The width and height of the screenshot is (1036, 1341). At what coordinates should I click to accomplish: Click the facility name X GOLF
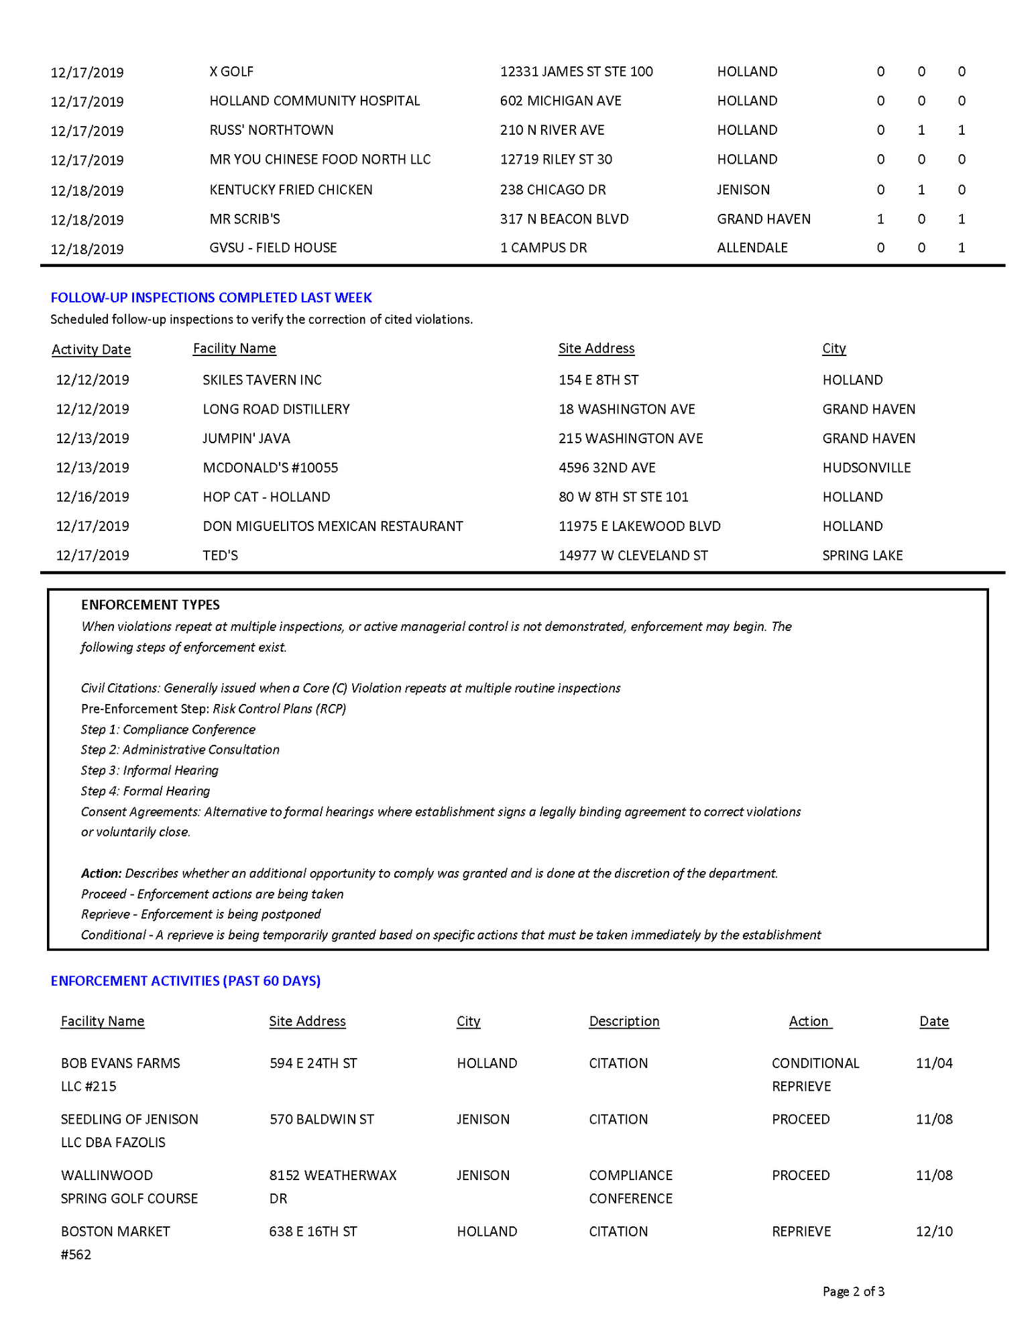coord(231,72)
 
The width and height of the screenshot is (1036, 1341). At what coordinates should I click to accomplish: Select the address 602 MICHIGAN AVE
coord(561,101)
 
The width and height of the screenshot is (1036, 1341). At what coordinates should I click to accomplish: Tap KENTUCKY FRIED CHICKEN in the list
coord(291,190)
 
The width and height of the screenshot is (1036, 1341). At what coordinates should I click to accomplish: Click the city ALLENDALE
coord(752,248)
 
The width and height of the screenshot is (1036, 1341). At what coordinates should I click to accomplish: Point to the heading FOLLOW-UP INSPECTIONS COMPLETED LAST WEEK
coord(211,298)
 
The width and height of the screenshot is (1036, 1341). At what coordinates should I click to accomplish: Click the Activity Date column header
coord(91,349)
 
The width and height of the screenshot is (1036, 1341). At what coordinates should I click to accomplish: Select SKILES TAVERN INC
coord(262,380)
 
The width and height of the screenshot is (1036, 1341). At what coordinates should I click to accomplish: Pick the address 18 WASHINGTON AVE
coord(627,409)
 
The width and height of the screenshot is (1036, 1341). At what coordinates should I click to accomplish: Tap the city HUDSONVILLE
coord(866,468)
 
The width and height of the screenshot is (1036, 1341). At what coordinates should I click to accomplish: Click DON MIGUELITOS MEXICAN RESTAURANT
coord(333,526)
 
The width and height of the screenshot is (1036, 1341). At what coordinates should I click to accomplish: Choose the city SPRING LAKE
coord(862,556)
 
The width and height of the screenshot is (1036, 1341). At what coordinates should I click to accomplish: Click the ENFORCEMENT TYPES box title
coord(150,605)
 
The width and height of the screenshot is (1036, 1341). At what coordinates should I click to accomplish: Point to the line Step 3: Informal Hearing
coord(150,770)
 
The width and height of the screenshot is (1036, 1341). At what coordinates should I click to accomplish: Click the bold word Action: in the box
coord(101,874)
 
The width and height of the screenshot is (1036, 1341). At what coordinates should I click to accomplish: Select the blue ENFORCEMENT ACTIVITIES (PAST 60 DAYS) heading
coord(186,981)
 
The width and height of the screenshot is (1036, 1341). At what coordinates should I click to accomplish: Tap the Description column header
coord(624,1021)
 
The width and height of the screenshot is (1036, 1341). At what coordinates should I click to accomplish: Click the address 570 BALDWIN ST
coord(322,1119)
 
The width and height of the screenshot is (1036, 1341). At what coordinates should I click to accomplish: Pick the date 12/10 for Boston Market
coord(934,1231)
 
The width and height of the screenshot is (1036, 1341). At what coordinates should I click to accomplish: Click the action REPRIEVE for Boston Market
coord(801,1231)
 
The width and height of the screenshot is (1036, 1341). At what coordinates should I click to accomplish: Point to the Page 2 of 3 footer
coord(854,1291)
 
